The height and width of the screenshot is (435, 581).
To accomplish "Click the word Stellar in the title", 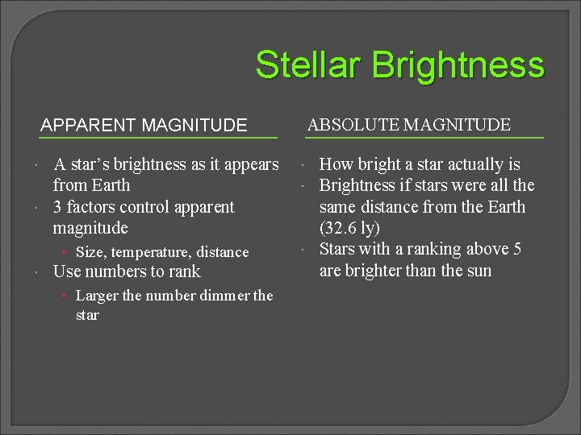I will coord(303,65).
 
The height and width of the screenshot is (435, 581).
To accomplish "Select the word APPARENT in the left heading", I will coord(89,125).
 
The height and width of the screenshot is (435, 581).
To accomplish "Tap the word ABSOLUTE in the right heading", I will coord(354,125).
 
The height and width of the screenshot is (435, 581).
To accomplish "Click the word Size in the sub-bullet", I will coord(90,252).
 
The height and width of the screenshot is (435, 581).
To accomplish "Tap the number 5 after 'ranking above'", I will coord(517,249).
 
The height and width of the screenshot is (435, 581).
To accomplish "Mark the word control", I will coord(151,207).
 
